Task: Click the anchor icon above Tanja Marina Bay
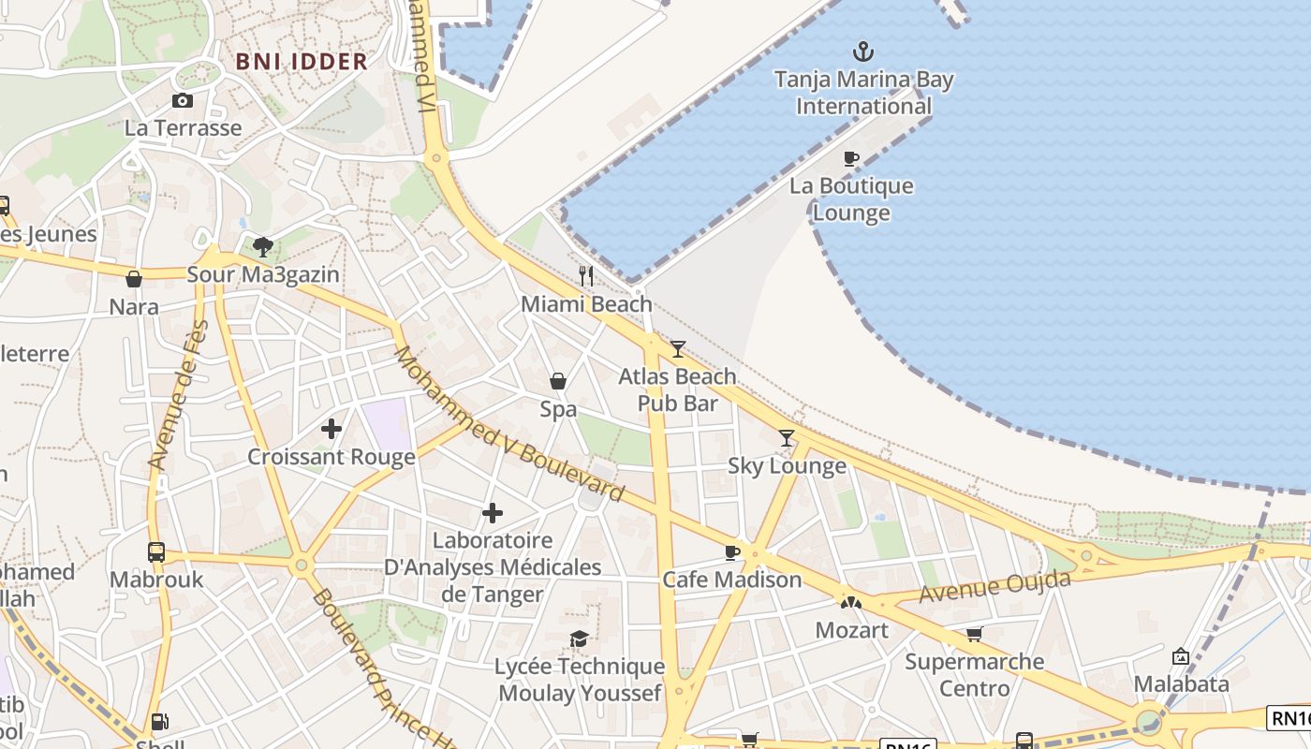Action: [862, 51]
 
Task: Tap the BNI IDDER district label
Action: [302, 62]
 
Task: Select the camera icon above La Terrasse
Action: [183, 100]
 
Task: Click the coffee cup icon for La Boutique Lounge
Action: [850, 158]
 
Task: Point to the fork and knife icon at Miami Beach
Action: [586, 275]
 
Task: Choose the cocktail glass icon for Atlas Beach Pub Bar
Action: [677, 349]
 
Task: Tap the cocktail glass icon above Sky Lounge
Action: [787, 437]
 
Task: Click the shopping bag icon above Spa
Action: [558, 381]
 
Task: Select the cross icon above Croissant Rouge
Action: [331, 429]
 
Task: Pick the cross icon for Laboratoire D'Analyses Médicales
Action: [493, 513]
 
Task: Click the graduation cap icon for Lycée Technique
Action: [580, 639]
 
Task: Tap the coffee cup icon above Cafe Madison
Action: [732, 552]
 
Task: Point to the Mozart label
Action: [851, 630]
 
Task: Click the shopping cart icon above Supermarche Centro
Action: [974, 634]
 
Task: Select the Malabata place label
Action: [1181, 684]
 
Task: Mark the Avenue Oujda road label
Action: [994, 587]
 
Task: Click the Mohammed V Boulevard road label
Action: [508, 424]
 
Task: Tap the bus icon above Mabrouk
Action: [156, 551]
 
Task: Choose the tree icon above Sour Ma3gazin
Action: [263, 247]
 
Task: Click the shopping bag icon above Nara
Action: [134, 279]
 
